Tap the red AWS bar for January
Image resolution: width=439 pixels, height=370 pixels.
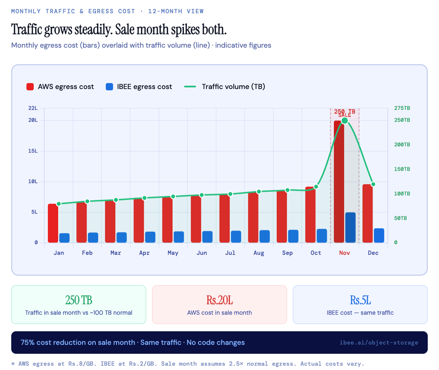point(53,223)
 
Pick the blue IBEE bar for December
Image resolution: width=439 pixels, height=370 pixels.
point(379,235)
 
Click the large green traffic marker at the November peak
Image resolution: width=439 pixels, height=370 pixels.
point(344,120)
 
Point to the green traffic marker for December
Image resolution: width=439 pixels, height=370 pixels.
point(373,184)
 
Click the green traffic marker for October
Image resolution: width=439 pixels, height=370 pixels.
point(316,187)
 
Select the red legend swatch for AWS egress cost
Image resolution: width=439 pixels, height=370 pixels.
point(30,87)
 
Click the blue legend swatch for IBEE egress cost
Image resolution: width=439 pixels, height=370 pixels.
point(109,87)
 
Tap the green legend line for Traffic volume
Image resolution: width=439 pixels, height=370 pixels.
point(190,87)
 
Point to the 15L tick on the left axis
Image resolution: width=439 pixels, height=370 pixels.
point(33,151)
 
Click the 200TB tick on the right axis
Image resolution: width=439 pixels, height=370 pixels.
point(402,145)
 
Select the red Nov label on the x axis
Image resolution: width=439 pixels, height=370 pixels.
point(344,253)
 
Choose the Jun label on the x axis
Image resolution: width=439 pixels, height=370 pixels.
point(202,253)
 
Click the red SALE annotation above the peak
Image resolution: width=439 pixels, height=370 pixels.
point(344,115)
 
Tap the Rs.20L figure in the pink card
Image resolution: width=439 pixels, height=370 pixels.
point(219,300)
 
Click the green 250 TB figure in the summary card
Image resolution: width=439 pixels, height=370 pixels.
point(79,300)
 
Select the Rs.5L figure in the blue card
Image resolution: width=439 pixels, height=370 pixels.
point(360,300)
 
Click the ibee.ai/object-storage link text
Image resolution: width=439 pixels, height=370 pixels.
point(379,343)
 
